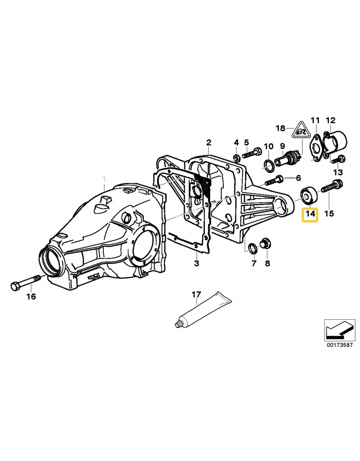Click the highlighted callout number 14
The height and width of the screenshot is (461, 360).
tap(310, 214)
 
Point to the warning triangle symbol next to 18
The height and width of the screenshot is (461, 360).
tap(300, 130)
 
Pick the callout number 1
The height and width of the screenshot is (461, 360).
tap(105, 179)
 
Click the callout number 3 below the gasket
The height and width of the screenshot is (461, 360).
tap(197, 262)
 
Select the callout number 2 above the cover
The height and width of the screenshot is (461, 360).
tap(208, 143)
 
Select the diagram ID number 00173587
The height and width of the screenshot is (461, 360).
tap(340, 345)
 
